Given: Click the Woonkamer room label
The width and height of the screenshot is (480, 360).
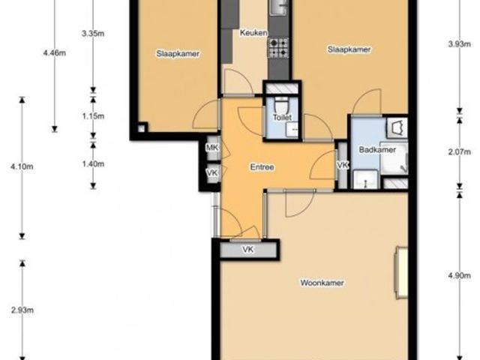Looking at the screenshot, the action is [x=322, y=283].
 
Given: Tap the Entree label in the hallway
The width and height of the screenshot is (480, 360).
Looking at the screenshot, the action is [x=262, y=167].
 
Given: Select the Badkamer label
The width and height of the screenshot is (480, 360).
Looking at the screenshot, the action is [x=377, y=150].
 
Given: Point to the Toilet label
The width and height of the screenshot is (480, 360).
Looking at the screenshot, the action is [x=282, y=117].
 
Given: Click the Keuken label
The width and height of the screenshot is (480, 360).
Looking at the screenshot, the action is [x=253, y=33].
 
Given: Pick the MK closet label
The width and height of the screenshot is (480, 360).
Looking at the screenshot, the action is [x=212, y=148].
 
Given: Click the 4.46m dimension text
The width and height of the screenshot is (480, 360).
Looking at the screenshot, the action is [x=55, y=53].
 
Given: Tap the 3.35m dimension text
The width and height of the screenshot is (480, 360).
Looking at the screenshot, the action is [x=93, y=33].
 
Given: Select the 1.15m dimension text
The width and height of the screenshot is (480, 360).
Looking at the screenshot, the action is [x=93, y=116].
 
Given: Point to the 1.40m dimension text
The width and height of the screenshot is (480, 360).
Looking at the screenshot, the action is [x=93, y=164].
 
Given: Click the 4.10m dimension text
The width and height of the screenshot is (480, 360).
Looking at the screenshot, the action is [x=22, y=166].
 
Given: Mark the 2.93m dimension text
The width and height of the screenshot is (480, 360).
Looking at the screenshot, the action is [x=22, y=310].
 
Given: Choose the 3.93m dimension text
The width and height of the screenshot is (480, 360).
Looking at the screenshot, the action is [x=460, y=44].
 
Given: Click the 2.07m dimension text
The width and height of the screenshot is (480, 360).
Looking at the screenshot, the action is [x=460, y=151].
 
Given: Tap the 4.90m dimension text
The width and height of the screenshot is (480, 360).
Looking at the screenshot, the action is [x=460, y=275].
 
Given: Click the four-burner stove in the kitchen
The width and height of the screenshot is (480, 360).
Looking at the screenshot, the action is [x=278, y=48].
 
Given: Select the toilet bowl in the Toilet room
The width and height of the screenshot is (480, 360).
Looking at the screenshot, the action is [x=281, y=105].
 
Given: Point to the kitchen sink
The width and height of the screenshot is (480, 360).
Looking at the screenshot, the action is [x=278, y=7].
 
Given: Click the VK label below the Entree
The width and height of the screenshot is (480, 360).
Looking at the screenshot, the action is [x=248, y=250].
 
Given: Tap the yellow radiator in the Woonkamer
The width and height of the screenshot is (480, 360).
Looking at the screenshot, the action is [x=401, y=272].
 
